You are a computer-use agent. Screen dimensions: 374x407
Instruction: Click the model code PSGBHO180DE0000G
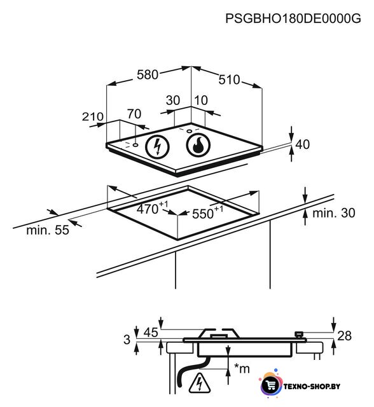pyautogui.click(x=293, y=18)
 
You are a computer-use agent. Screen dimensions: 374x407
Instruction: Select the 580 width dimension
pyautogui.click(x=148, y=75)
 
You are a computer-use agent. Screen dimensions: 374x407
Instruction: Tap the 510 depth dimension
pyautogui.click(x=229, y=79)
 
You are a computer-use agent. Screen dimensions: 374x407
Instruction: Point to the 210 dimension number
pyautogui.click(x=93, y=116)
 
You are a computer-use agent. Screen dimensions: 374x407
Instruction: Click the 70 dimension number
pyautogui.click(x=134, y=114)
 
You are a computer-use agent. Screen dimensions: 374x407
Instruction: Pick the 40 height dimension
pyautogui.click(x=302, y=144)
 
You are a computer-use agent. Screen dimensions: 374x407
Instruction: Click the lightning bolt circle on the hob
pyautogui.click(x=157, y=147)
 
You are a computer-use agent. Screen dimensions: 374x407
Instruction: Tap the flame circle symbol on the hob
pyautogui.click(x=198, y=146)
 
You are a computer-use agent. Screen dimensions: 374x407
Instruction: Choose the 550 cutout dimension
pyautogui.click(x=207, y=212)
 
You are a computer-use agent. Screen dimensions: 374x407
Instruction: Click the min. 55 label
pyautogui.click(x=48, y=230)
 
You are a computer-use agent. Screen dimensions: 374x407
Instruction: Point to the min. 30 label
pyautogui.click(x=334, y=213)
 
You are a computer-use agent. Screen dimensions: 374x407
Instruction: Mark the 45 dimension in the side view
pyautogui.click(x=151, y=332)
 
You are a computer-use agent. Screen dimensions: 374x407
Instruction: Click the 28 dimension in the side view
pyautogui.click(x=344, y=336)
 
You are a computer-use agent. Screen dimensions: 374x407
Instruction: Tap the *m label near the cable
pyautogui.click(x=242, y=368)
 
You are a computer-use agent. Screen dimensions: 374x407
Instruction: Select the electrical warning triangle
pyautogui.click(x=199, y=383)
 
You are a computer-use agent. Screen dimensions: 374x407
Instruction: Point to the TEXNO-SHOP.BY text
pyautogui.click(x=312, y=387)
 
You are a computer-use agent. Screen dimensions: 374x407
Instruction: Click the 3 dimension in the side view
pyautogui.click(x=127, y=340)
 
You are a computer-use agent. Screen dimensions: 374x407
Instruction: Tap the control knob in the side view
pyautogui.click(x=300, y=335)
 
